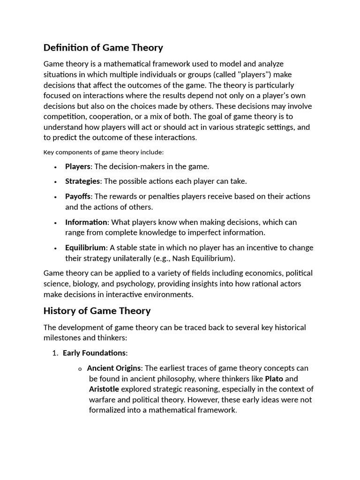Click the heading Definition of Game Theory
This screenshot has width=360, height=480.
pyautogui.click(x=103, y=47)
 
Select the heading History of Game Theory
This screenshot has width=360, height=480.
pyautogui.click(x=97, y=310)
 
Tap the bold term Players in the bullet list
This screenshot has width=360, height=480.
pyautogui.click(x=77, y=166)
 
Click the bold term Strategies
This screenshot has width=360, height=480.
pyautogui.click(x=82, y=181)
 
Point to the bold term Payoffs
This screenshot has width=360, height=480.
pyautogui.click(x=78, y=196)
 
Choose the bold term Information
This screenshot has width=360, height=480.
pyautogui.click(x=86, y=222)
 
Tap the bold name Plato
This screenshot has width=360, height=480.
pyautogui.click(x=274, y=378)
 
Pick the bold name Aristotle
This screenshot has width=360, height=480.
pyautogui.click(x=104, y=389)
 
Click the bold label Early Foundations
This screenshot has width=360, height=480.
pyautogui.click(x=94, y=352)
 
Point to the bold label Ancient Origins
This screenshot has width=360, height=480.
pyautogui.click(x=114, y=368)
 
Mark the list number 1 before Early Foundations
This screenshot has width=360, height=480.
pyautogui.click(x=54, y=353)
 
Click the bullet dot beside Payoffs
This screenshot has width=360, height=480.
pyautogui.click(x=55, y=197)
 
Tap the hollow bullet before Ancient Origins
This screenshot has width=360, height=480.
pyautogui.click(x=80, y=369)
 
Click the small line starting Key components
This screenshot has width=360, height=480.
pyautogui.click(x=103, y=152)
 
